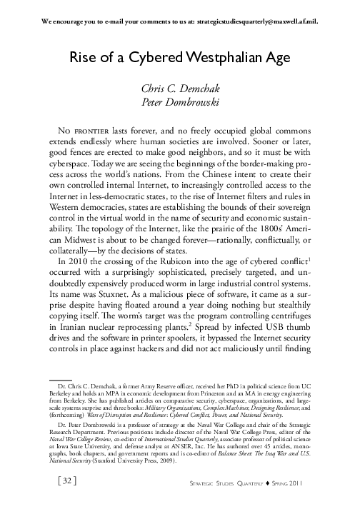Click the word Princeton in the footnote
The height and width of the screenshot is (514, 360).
(214, 392)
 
